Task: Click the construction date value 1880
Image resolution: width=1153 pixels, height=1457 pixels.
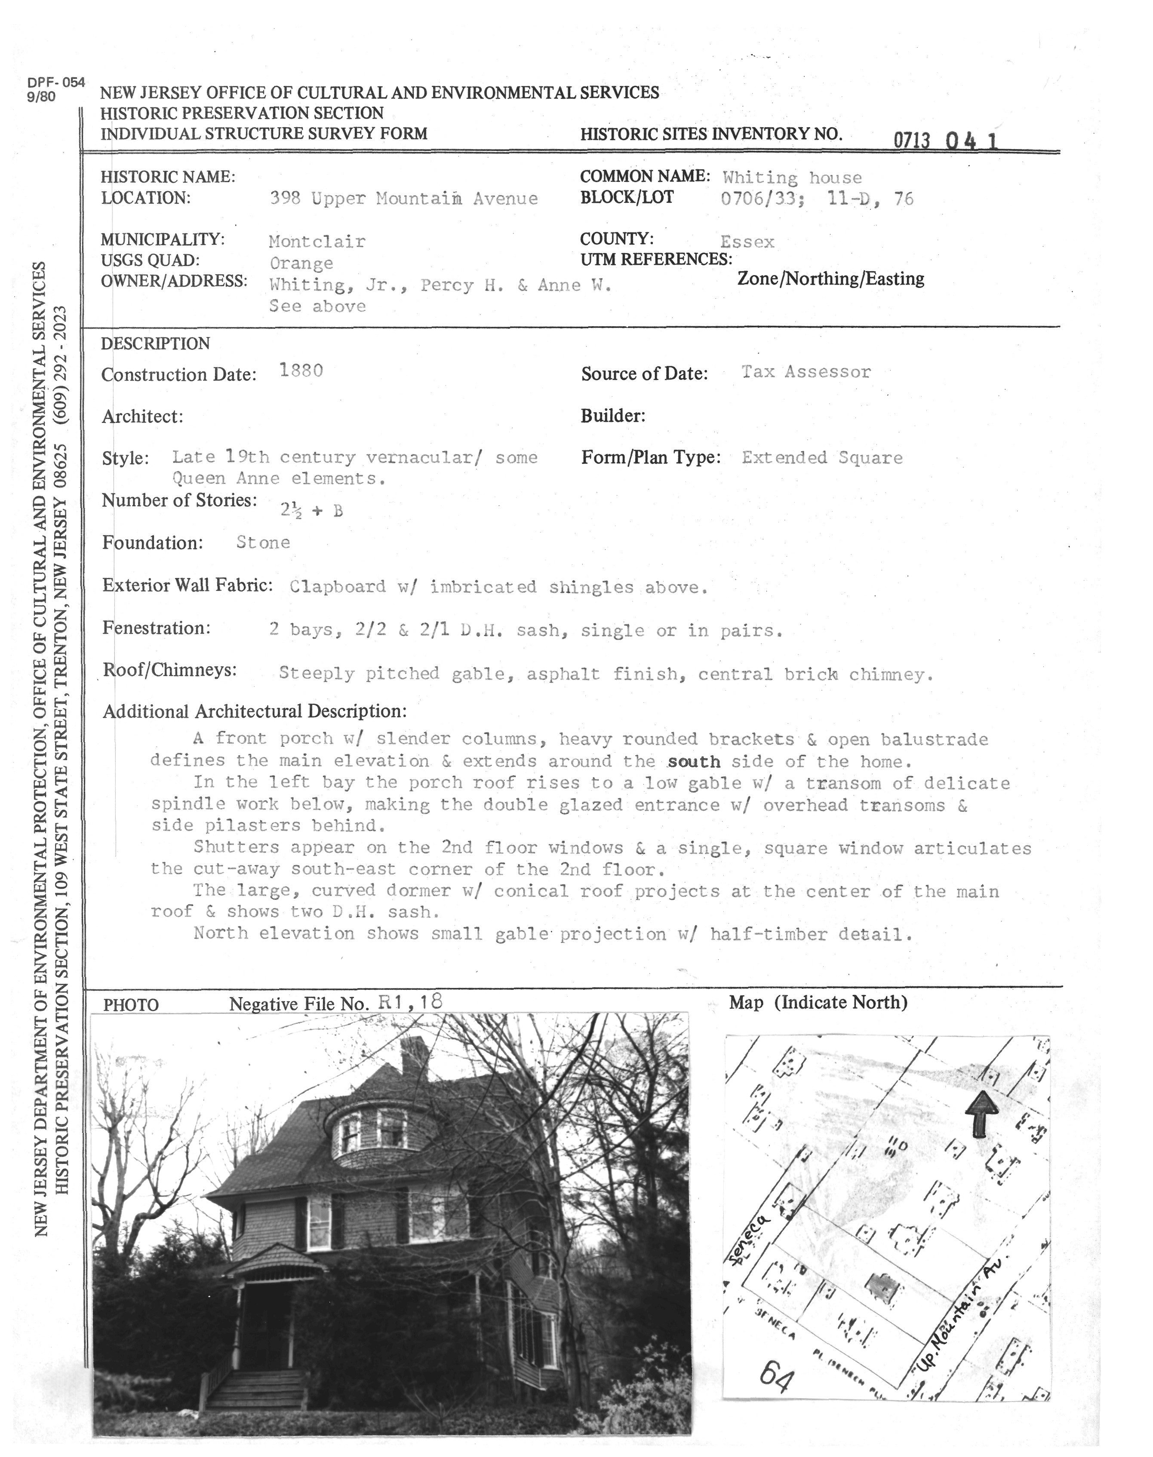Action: coord(301,370)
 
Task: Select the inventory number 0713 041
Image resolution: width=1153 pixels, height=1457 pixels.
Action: coord(945,140)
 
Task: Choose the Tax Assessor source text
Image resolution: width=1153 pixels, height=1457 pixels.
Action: coord(806,372)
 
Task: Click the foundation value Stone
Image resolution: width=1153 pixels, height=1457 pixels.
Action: coord(263,542)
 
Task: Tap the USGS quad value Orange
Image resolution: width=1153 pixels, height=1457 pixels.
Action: coord(301,263)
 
